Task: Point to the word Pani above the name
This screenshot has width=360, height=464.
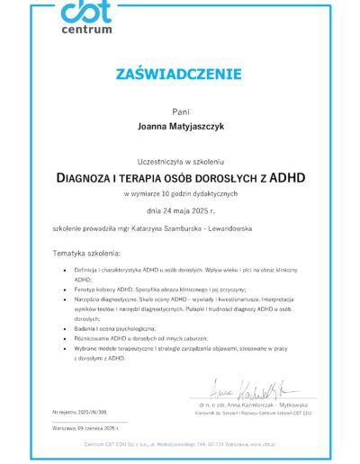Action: coord(180,110)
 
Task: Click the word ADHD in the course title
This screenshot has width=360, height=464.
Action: coord(285,177)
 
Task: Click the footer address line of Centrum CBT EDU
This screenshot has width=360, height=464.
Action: coord(180,445)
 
